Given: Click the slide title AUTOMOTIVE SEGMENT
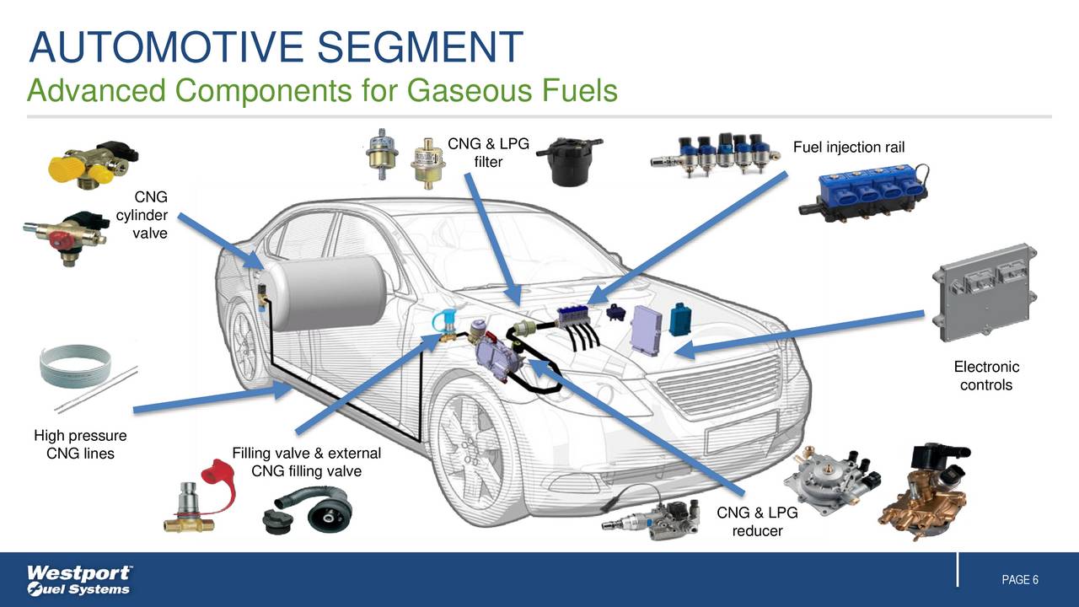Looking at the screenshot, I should [x=276, y=46].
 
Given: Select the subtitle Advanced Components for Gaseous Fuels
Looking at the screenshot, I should [x=322, y=90].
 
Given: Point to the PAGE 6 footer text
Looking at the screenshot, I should [x=1019, y=580].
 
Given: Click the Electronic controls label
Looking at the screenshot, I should [x=985, y=376].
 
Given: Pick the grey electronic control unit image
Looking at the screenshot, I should [x=985, y=293].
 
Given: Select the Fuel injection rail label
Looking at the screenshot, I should [x=848, y=148].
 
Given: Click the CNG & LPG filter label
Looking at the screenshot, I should [x=488, y=153].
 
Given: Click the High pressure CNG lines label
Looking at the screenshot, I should [x=80, y=445].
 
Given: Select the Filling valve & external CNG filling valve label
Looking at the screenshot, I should [x=306, y=462].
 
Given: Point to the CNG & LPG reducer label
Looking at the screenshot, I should [x=756, y=522].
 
